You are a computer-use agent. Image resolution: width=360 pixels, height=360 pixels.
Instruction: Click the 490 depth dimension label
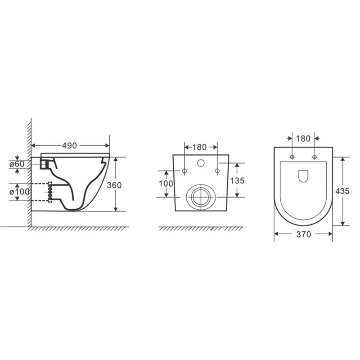point(69,145)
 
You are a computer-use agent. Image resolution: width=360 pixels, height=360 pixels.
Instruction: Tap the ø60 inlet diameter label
point(17,164)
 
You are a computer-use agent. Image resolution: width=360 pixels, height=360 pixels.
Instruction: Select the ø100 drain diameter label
point(19,191)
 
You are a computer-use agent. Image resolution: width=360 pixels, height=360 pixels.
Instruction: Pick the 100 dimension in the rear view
point(166,183)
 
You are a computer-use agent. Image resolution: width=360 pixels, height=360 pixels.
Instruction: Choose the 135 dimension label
point(237,180)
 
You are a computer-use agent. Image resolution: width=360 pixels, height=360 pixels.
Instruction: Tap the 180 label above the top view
point(303,138)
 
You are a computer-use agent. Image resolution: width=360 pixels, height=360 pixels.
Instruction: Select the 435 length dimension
point(343,191)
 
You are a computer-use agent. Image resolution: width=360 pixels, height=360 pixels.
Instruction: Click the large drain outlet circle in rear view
point(200,196)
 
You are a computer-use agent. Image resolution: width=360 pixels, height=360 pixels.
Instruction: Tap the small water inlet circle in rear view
point(201,163)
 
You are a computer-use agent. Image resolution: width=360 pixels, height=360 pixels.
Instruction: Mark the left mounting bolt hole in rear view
point(184,171)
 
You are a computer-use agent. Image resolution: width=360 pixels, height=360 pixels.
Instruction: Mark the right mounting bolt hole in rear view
point(217,171)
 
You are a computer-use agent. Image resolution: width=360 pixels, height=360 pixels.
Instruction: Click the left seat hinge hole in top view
point(292,157)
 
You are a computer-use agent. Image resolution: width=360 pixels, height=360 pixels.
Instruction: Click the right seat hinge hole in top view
point(314,157)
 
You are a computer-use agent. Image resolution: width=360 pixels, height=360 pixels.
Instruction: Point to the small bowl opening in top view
point(303,176)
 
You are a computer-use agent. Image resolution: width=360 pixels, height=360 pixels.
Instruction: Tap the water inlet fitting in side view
point(45,164)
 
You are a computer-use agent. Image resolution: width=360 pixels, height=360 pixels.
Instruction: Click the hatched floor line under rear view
point(201,229)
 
